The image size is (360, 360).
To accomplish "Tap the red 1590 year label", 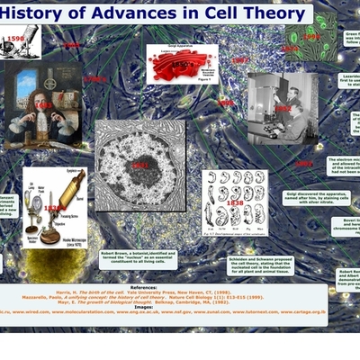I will (x=14, y=39).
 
